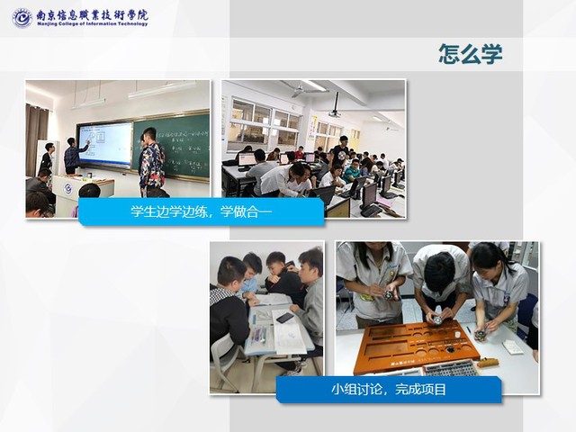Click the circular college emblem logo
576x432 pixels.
22,17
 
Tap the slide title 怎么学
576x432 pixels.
471,54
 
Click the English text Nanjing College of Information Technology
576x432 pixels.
92,24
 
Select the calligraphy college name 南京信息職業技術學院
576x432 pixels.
92,15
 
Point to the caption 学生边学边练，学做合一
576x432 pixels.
202,211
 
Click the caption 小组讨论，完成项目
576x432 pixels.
389,389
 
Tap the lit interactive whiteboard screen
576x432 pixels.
104,143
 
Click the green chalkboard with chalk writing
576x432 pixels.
172,147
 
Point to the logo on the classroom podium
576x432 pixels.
68,188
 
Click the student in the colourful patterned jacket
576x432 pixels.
151,162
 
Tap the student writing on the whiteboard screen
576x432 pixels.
74,156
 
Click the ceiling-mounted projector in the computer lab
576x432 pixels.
335,106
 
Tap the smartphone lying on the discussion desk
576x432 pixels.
284,318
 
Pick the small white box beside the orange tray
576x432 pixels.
512,346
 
